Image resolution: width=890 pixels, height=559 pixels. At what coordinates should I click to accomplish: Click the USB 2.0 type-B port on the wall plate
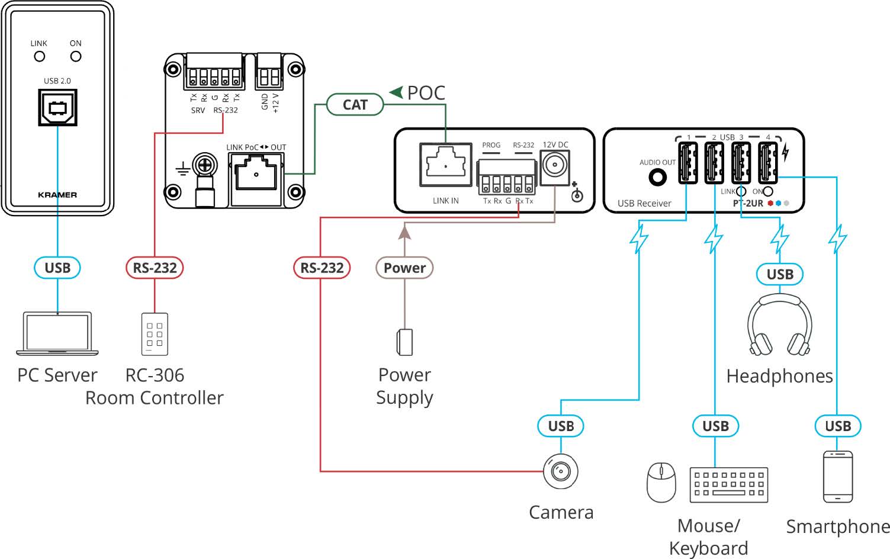57,108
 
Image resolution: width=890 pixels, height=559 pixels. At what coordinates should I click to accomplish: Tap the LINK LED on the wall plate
40,56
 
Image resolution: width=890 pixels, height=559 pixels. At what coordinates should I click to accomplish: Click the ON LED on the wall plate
76,56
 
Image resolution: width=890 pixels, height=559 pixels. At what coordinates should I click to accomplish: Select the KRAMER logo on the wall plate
57,195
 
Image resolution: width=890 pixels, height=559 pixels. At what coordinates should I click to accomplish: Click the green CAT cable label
355,105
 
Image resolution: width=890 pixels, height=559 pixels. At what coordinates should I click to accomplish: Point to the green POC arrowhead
396,92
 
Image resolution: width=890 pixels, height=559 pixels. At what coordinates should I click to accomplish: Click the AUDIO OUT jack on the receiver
657,176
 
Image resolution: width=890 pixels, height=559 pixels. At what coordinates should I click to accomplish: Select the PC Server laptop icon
57,333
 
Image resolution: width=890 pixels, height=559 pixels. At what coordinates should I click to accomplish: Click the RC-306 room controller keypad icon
155,334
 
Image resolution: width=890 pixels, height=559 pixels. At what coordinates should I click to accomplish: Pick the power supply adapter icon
404,342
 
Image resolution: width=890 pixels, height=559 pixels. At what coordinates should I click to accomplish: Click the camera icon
560,471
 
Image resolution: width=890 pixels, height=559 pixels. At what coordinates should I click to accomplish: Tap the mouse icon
661,482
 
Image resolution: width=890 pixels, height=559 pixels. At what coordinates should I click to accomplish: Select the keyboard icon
729,484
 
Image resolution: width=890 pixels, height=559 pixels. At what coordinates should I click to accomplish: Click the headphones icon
779,325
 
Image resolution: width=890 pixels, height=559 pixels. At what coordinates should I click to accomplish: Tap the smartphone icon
838,477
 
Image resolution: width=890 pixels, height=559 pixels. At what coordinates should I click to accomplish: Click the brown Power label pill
404,268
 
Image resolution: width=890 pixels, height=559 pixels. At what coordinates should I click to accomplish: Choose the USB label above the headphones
780,274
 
